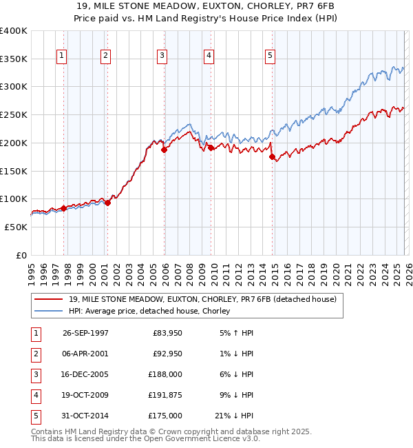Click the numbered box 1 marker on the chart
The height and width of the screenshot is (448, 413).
63,56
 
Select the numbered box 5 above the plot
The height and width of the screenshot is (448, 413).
271,56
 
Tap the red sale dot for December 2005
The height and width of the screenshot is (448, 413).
164,150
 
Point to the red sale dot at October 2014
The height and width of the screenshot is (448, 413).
272,157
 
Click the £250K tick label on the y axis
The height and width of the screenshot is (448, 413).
14,114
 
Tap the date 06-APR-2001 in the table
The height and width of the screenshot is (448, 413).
85,354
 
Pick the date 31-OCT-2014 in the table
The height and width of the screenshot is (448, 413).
85,416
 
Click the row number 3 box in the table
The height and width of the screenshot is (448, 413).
35,374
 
